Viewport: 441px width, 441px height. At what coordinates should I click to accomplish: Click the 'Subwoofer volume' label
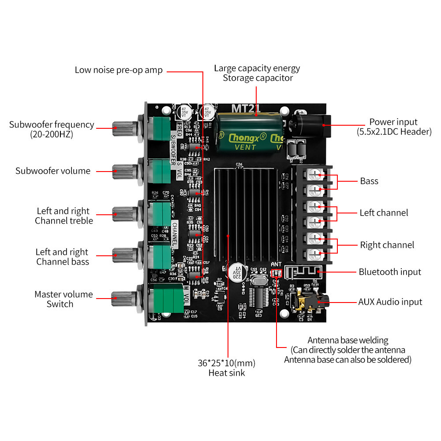[x=52, y=171]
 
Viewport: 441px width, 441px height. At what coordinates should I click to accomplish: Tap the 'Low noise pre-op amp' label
[x=118, y=70]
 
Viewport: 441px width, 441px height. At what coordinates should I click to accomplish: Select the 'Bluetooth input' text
[x=389, y=272]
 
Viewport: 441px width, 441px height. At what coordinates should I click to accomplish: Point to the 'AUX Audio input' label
[x=390, y=302]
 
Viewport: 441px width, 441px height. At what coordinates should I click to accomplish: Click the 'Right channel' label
[x=387, y=245]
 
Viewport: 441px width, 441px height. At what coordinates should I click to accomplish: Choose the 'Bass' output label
[x=369, y=181]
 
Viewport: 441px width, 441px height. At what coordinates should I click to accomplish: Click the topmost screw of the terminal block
[x=314, y=175]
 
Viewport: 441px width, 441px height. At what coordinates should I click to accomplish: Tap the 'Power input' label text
[x=393, y=122]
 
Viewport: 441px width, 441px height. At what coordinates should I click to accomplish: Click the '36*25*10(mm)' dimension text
[x=226, y=363]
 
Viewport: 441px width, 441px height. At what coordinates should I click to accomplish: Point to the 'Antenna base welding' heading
[x=348, y=340]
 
